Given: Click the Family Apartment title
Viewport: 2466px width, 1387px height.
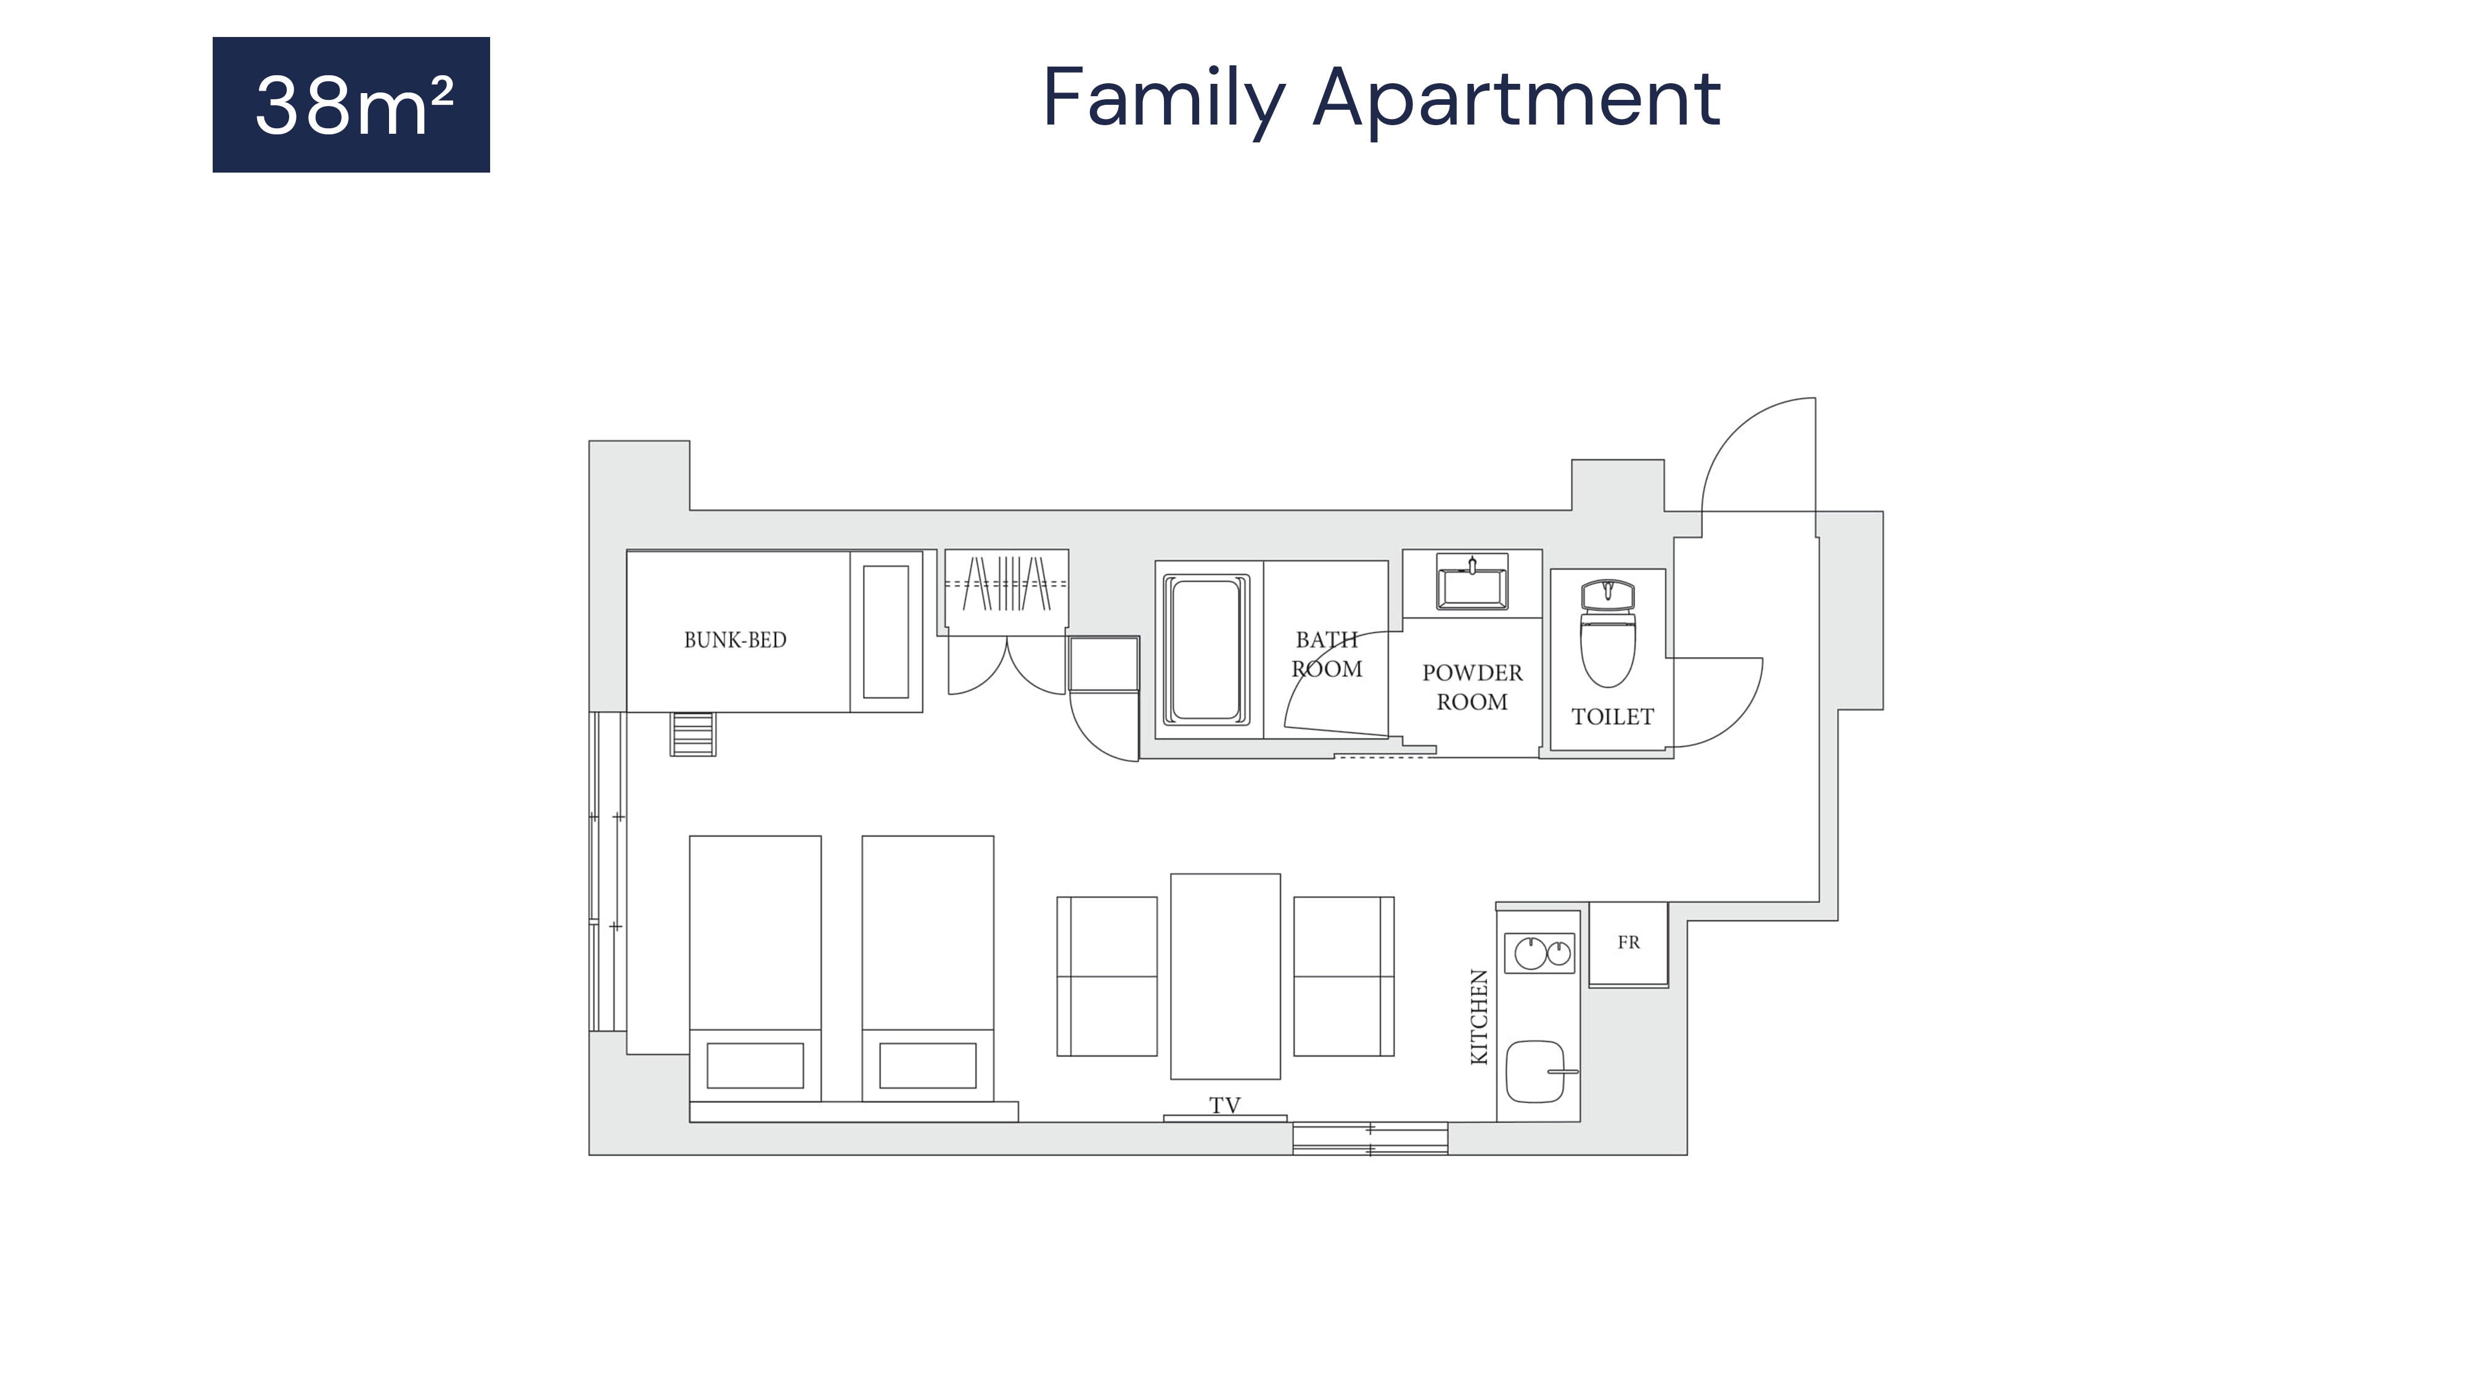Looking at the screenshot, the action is point(1382,99).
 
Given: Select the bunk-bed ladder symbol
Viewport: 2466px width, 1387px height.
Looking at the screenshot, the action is point(693,734).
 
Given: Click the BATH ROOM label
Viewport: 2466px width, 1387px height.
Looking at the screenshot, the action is point(1327,655).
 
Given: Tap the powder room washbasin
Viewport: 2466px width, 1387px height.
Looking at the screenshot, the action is point(1472,582).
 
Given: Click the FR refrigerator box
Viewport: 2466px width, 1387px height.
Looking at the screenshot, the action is point(1628,944).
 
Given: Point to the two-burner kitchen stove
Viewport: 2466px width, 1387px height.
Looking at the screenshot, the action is point(1539,954).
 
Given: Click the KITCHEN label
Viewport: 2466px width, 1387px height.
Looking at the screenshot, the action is point(1479,1017).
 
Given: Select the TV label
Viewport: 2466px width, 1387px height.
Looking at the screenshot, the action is point(1224,1105).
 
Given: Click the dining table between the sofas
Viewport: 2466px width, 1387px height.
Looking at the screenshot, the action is point(1226,976).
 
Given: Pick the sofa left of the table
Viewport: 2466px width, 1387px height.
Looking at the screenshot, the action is point(1107,976).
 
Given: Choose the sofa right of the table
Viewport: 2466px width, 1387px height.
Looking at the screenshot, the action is point(1344,976).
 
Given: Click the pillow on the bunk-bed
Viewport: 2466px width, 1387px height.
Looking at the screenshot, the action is point(885,632).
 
